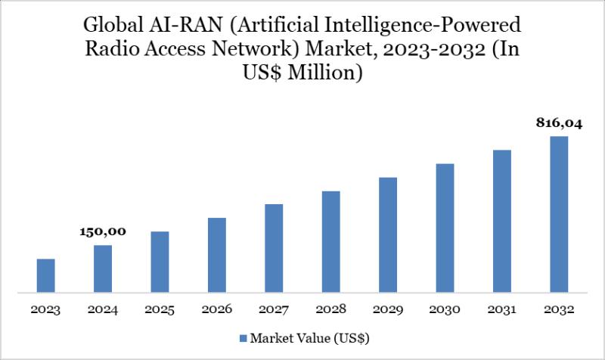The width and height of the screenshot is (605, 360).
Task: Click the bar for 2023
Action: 46,275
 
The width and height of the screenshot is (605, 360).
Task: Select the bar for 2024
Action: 103,268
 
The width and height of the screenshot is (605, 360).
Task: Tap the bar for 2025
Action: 160,262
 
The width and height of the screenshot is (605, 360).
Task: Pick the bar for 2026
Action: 217,255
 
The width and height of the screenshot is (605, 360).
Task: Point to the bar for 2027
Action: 274,248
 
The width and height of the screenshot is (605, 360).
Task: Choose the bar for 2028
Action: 330,241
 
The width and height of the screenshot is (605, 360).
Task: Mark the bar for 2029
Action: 388,234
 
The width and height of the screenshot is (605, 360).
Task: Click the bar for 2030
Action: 445,228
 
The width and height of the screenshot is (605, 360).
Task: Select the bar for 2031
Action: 502,221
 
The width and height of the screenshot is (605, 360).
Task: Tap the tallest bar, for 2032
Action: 559,214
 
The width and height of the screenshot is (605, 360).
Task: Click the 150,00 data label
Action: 104,231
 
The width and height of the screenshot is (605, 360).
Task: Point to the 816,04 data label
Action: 559,123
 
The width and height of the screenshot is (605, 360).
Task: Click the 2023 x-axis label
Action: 46,310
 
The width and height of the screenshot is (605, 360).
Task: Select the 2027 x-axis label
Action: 274,310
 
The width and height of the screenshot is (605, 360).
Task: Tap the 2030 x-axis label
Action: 445,310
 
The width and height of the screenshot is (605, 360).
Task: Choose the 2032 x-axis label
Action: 559,310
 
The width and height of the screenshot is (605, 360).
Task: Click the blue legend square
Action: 244,337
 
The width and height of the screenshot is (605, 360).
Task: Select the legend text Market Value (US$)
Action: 309,337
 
